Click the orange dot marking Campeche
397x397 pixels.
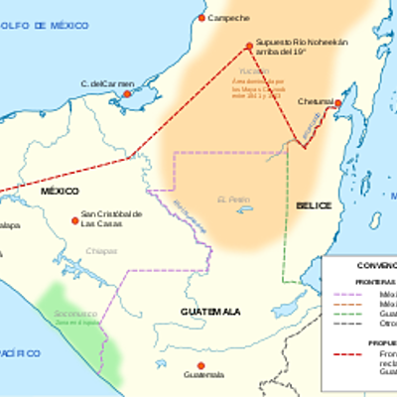[x=201, y=18]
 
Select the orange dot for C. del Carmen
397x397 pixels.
[x=126, y=94]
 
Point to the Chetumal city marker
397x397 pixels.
[x=337, y=102]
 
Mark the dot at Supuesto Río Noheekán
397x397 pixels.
[x=250, y=45]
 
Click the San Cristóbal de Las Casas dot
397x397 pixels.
[x=74, y=220]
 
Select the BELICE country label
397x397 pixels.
[x=313, y=205]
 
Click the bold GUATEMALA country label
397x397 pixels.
[x=210, y=312]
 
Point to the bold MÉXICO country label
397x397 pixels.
[x=60, y=190]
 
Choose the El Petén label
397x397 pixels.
[x=229, y=199]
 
